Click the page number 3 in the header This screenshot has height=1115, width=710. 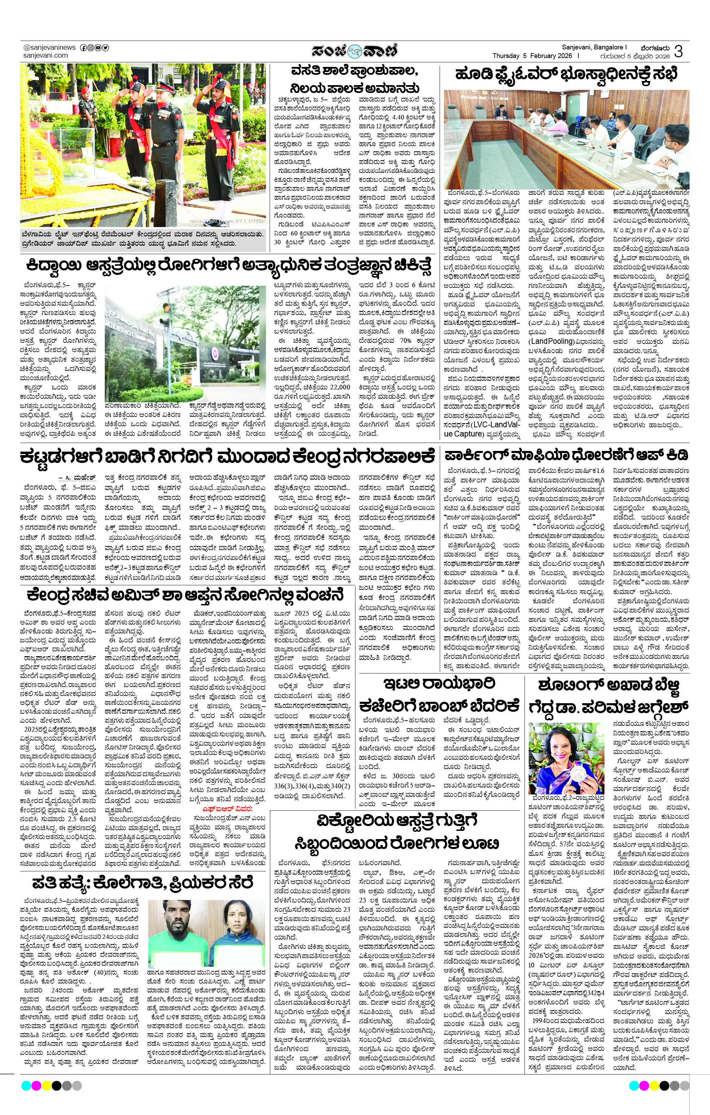click(x=679, y=51)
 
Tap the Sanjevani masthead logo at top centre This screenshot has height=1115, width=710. click(x=354, y=50)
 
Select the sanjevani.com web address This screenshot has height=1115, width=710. click(x=45, y=56)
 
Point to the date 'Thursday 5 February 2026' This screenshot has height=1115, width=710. click(x=533, y=56)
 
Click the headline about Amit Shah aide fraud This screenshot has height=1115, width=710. click(x=185, y=594)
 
